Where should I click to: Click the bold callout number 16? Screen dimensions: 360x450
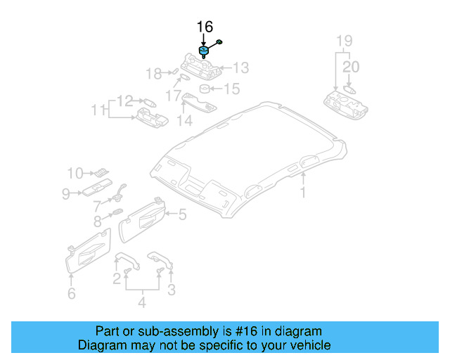204,27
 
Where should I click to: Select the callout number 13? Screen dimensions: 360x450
241,67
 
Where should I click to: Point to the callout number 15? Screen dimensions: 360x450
231,89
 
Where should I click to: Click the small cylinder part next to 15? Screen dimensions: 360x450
205,89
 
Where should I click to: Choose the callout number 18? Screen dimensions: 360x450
153,72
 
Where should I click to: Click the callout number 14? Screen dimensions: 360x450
184,120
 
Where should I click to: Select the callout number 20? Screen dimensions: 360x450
351,67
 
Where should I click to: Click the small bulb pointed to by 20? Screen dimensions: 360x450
351,89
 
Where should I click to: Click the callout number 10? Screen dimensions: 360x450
75,172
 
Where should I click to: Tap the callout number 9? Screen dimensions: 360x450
65,193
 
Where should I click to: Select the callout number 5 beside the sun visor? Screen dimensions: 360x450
181,215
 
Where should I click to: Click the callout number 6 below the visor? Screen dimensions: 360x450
71,294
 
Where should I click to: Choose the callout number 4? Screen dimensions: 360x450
141,303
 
